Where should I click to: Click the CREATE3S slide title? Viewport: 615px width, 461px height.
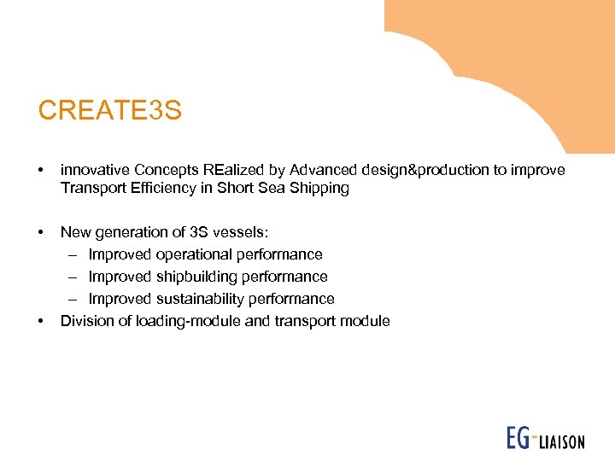[109, 111]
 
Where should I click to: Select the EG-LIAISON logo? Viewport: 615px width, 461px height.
[545, 439]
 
